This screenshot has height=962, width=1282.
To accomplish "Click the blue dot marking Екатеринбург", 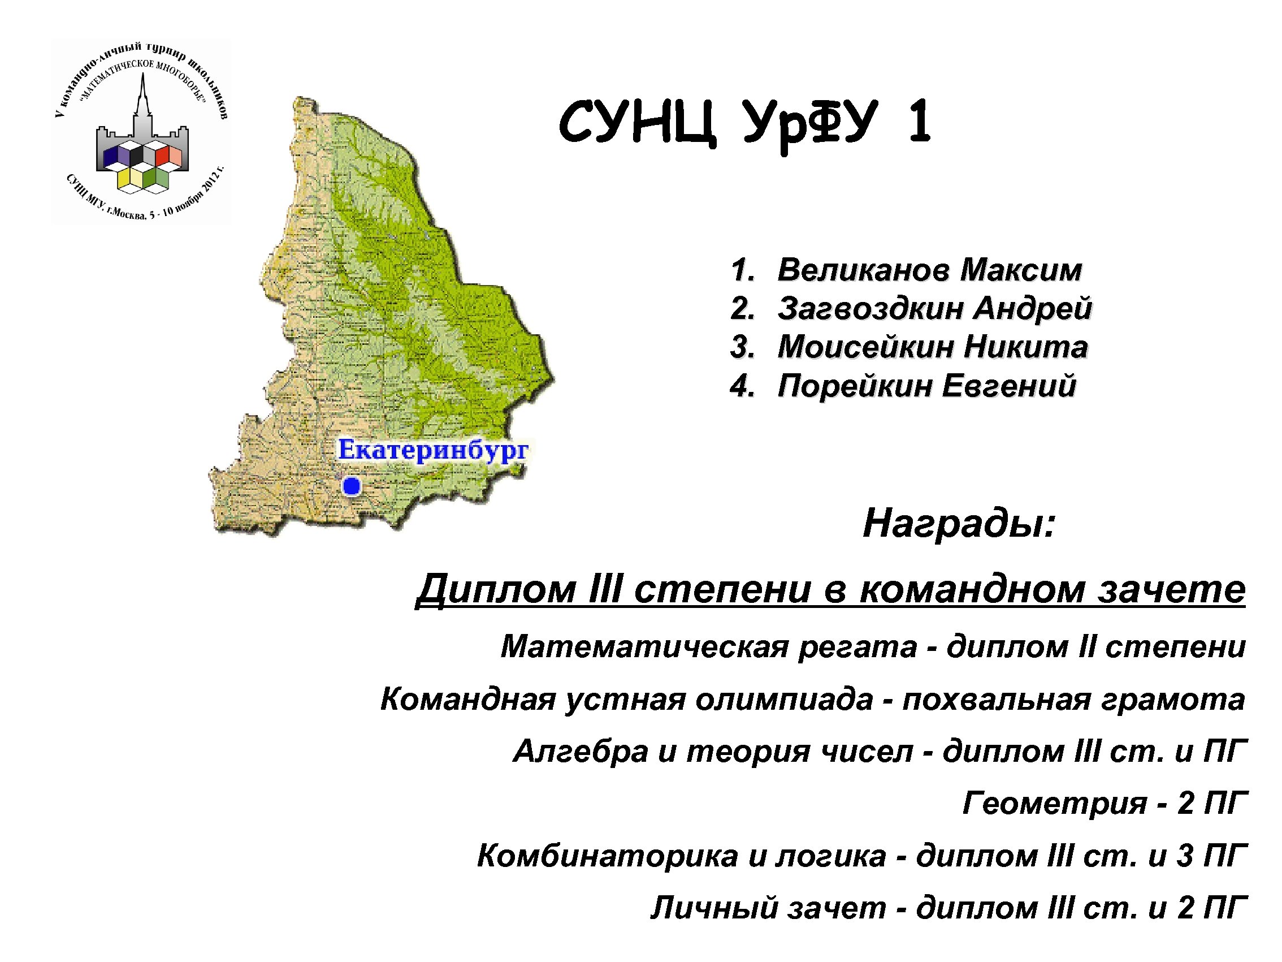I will [351, 486].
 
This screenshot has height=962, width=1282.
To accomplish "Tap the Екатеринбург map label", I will [433, 450].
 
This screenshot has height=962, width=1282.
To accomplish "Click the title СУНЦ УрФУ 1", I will [745, 123].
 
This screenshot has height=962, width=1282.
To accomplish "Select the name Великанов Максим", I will [929, 270].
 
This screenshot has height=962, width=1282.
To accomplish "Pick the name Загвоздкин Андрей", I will [934, 308].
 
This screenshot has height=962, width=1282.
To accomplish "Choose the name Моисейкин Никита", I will [932, 347].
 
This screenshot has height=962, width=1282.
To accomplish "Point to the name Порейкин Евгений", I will [926, 386].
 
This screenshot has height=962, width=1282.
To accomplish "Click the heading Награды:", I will [959, 523].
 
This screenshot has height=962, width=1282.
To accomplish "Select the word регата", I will [857, 646].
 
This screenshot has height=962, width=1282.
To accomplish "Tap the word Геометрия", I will [1055, 803].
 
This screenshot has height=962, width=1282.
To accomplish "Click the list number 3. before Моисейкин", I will [742, 347].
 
